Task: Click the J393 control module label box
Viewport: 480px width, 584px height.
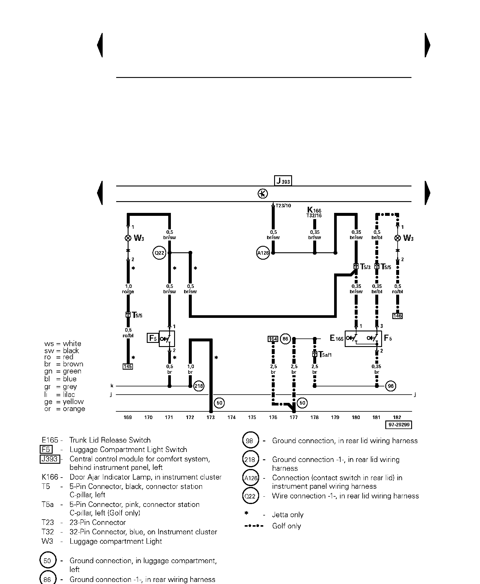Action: pos(283,181)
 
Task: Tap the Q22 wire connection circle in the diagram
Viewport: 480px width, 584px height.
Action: pos(159,253)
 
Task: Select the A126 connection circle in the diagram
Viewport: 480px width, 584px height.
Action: pos(263,253)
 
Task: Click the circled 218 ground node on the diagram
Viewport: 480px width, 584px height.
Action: pos(199,386)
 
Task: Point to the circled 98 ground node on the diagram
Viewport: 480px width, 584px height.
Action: pos(391,386)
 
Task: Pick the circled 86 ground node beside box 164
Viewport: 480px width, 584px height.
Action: pos(285,339)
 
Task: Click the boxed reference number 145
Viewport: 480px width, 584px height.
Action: pos(128,366)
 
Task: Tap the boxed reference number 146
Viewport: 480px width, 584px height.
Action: pos(397,316)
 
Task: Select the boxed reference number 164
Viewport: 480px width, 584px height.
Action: pos(273,339)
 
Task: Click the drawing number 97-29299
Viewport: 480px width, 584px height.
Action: pos(399,425)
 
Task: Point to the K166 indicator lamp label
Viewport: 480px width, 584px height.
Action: pos(314,210)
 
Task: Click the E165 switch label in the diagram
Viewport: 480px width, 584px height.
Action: pos(336,338)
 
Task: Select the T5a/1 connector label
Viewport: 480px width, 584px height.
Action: pos(325,355)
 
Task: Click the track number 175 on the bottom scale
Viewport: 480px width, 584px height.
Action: pos(252,417)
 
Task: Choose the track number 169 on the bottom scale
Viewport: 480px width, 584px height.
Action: pos(128,417)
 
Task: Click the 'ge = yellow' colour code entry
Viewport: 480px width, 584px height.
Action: pos(64,402)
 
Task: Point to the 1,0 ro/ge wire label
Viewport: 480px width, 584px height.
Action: pos(128,289)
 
